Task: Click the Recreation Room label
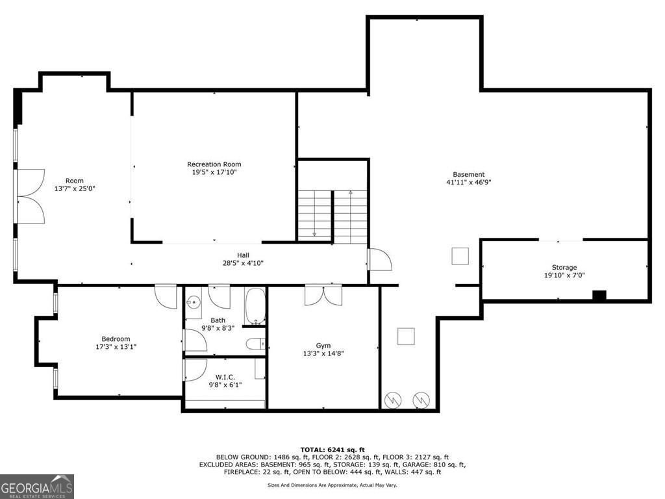214,164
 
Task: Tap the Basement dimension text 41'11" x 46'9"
468,183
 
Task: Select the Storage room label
564,267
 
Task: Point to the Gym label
323,345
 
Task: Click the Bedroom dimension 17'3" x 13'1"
116,347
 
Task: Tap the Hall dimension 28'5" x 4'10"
243,263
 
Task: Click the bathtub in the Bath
255,305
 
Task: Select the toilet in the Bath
255,343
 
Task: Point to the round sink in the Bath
193,302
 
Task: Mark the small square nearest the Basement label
460,256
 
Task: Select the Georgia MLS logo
37,487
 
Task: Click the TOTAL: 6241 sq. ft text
332,450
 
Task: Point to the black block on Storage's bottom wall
599,296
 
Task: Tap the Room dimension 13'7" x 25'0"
74,188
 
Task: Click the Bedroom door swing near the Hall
166,296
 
